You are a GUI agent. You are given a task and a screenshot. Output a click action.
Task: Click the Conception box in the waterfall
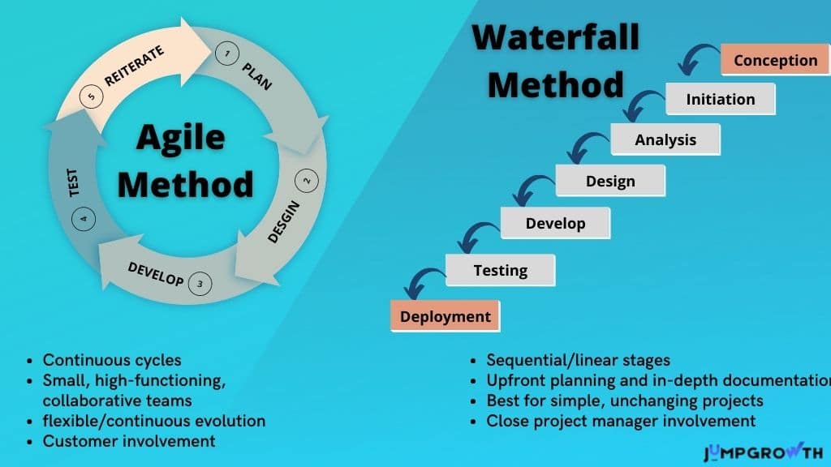(x=775, y=60)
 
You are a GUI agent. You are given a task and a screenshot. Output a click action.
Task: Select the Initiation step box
(x=721, y=99)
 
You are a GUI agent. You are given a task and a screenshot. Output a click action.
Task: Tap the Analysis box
(x=665, y=139)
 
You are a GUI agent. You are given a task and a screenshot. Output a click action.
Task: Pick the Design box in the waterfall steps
(x=610, y=181)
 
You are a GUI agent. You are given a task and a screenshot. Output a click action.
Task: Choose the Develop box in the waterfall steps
(x=555, y=223)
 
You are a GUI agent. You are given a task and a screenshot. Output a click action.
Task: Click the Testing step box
(x=500, y=270)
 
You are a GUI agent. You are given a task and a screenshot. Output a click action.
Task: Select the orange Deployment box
(x=446, y=316)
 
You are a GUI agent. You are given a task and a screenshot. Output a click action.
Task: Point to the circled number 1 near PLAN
(x=227, y=54)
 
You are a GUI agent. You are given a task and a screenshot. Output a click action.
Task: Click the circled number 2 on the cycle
(x=306, y=181)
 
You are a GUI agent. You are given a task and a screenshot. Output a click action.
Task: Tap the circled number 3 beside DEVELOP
(x=200, y=284)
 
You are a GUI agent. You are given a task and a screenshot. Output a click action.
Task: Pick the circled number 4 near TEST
(x=84, y=219)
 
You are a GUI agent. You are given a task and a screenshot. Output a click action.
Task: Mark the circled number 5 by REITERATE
(x=91, y=96)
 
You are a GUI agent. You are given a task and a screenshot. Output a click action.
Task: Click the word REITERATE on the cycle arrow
(x=134, y=66)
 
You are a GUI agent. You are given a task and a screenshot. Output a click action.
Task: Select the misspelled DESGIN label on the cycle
(x=283, y=222)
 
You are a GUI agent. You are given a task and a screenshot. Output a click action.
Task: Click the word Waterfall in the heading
(x=556, y=37)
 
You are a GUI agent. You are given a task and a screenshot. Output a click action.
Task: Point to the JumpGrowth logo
(x=763, y=452)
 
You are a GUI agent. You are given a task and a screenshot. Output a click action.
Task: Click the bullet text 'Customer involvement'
(x=129, y=441)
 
